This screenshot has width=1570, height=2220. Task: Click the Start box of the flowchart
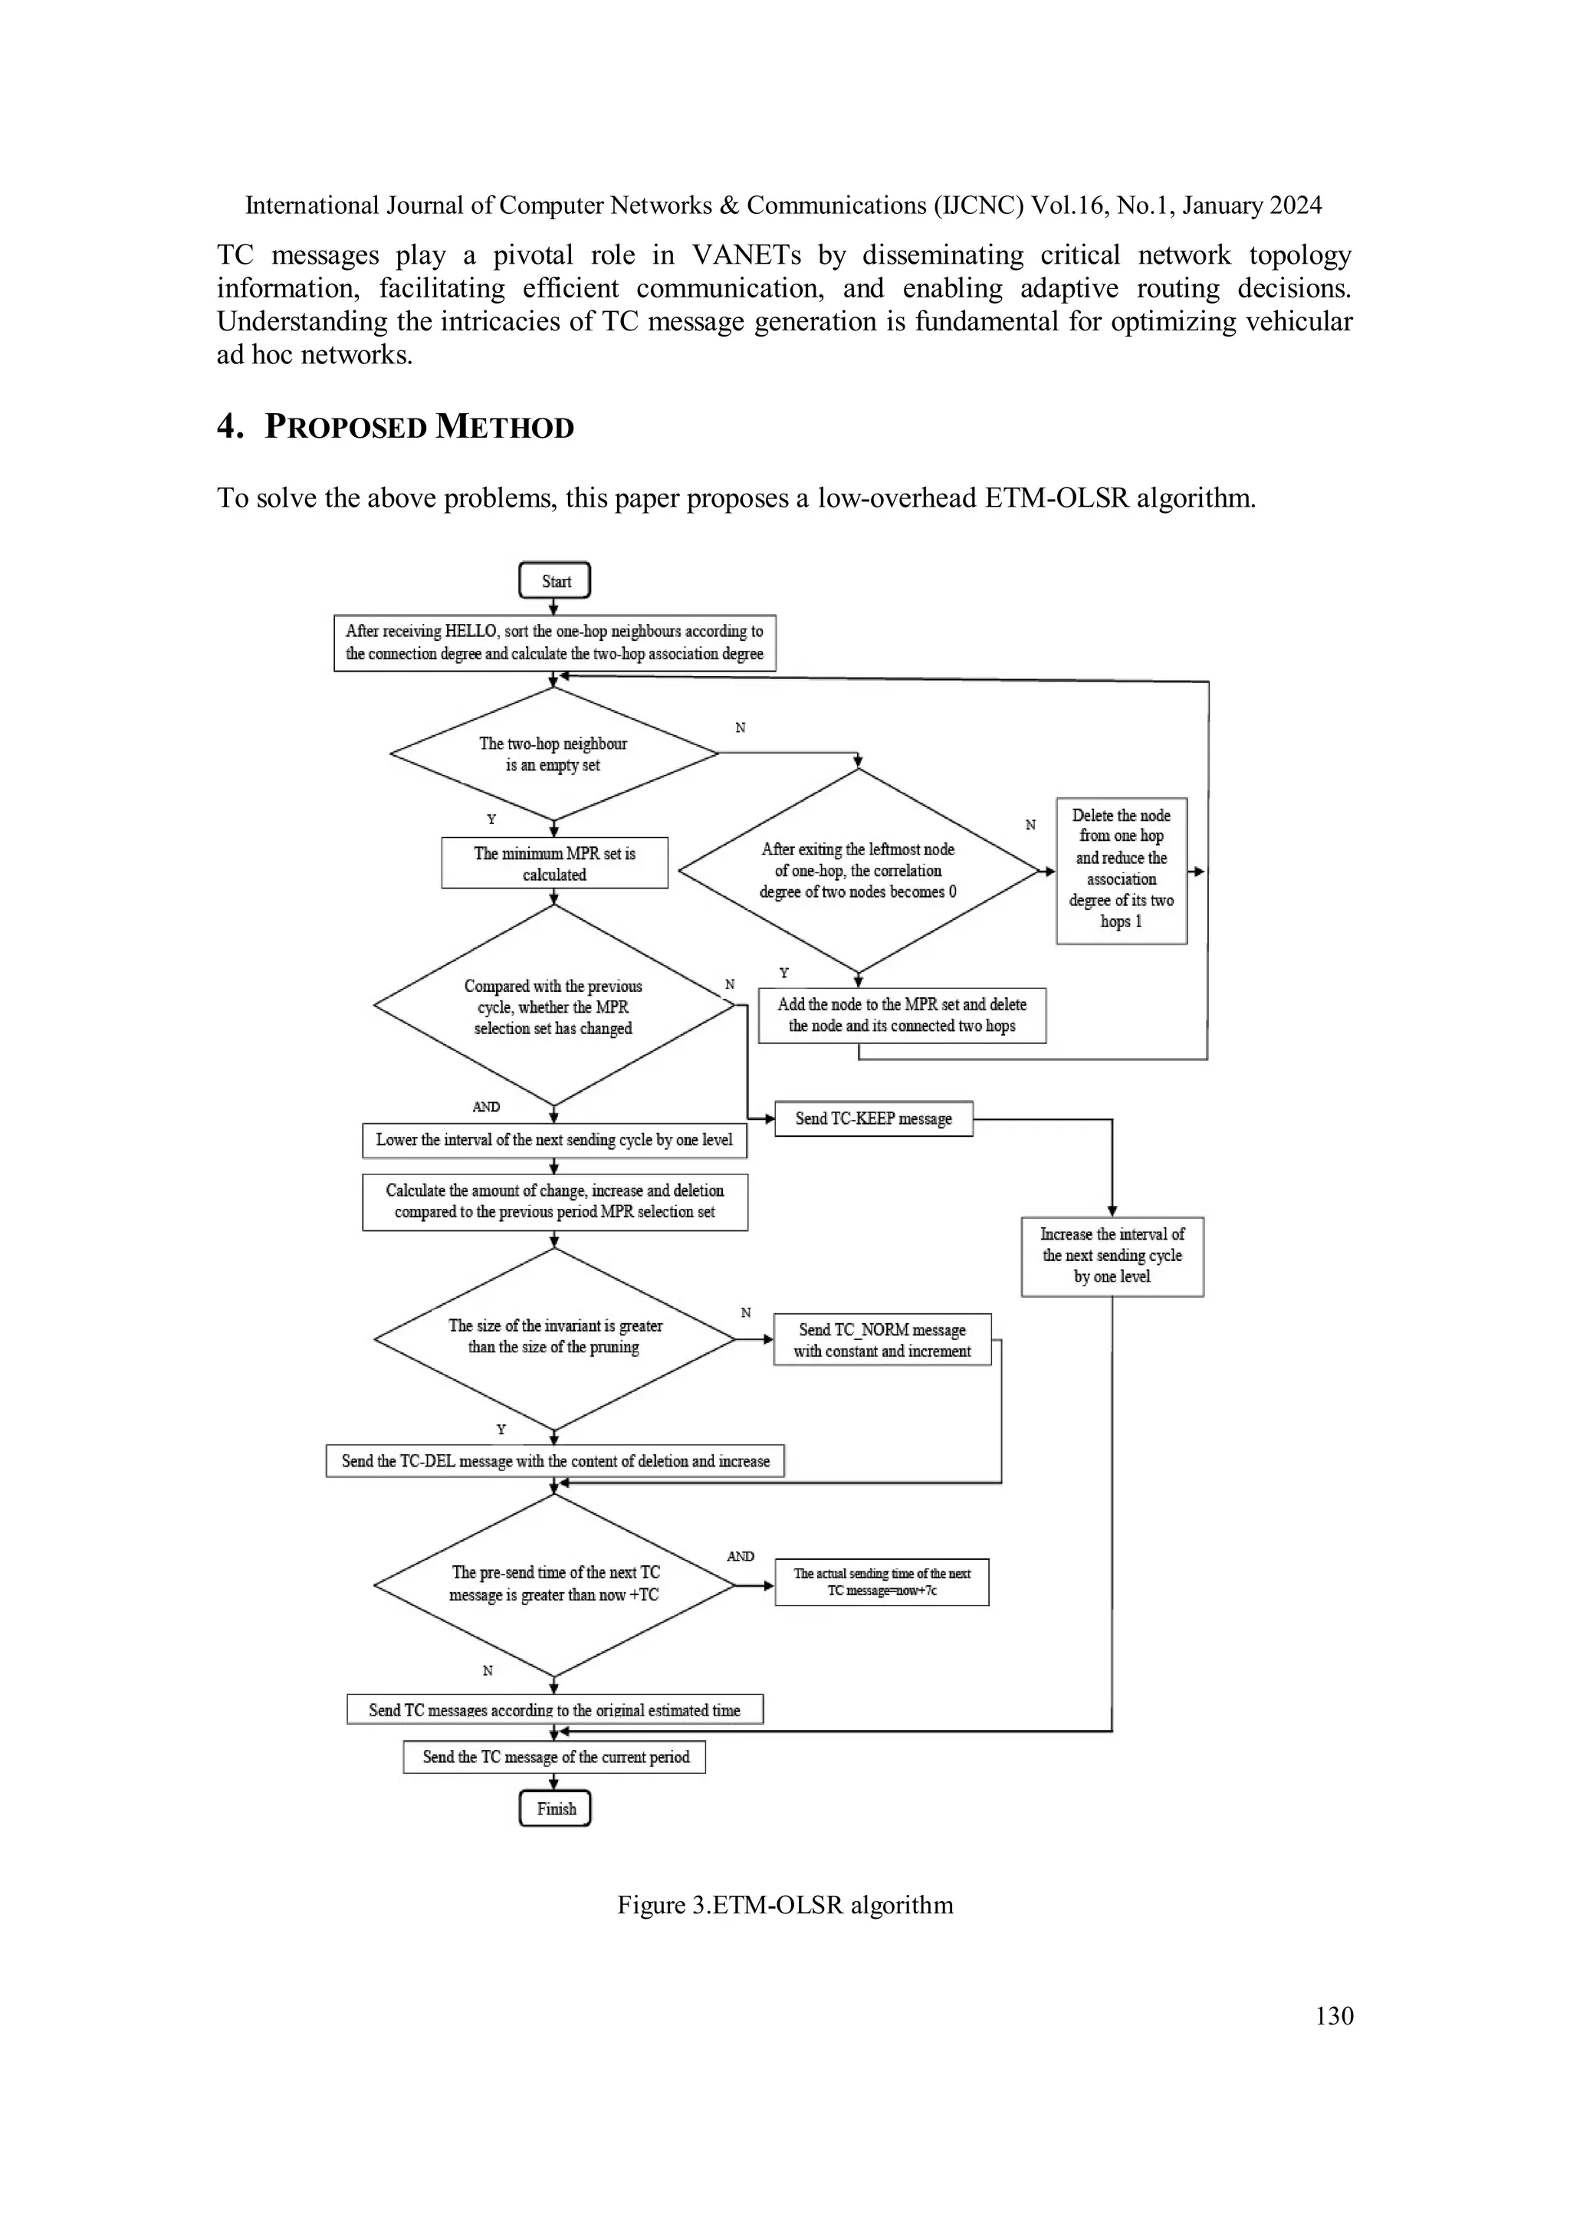(554, 581)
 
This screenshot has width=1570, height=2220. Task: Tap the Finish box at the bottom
(555, 1808)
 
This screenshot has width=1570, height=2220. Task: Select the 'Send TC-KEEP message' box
(873, 1118)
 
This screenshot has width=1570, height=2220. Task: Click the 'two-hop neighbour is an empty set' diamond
(553, 754)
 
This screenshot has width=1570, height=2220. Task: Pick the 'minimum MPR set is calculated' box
(554, 863)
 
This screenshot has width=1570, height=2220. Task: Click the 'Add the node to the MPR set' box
(901, 1015)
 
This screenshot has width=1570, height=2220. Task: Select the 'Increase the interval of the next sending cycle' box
(1112, 1255)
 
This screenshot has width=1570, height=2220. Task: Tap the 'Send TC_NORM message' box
(882, 1340)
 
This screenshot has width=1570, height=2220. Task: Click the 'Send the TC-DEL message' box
(555, 1461)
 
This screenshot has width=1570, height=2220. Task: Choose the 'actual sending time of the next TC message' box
(882, 1582)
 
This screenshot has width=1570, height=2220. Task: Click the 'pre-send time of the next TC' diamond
(554, 1584)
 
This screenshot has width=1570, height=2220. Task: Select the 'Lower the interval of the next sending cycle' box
(554, 1140)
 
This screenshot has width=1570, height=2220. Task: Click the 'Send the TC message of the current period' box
(555, 1757)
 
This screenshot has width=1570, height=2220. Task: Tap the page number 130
(1334, 2015)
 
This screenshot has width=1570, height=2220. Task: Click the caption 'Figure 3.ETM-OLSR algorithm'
(785, 1905)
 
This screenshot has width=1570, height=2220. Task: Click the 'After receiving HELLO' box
(554, 642)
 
